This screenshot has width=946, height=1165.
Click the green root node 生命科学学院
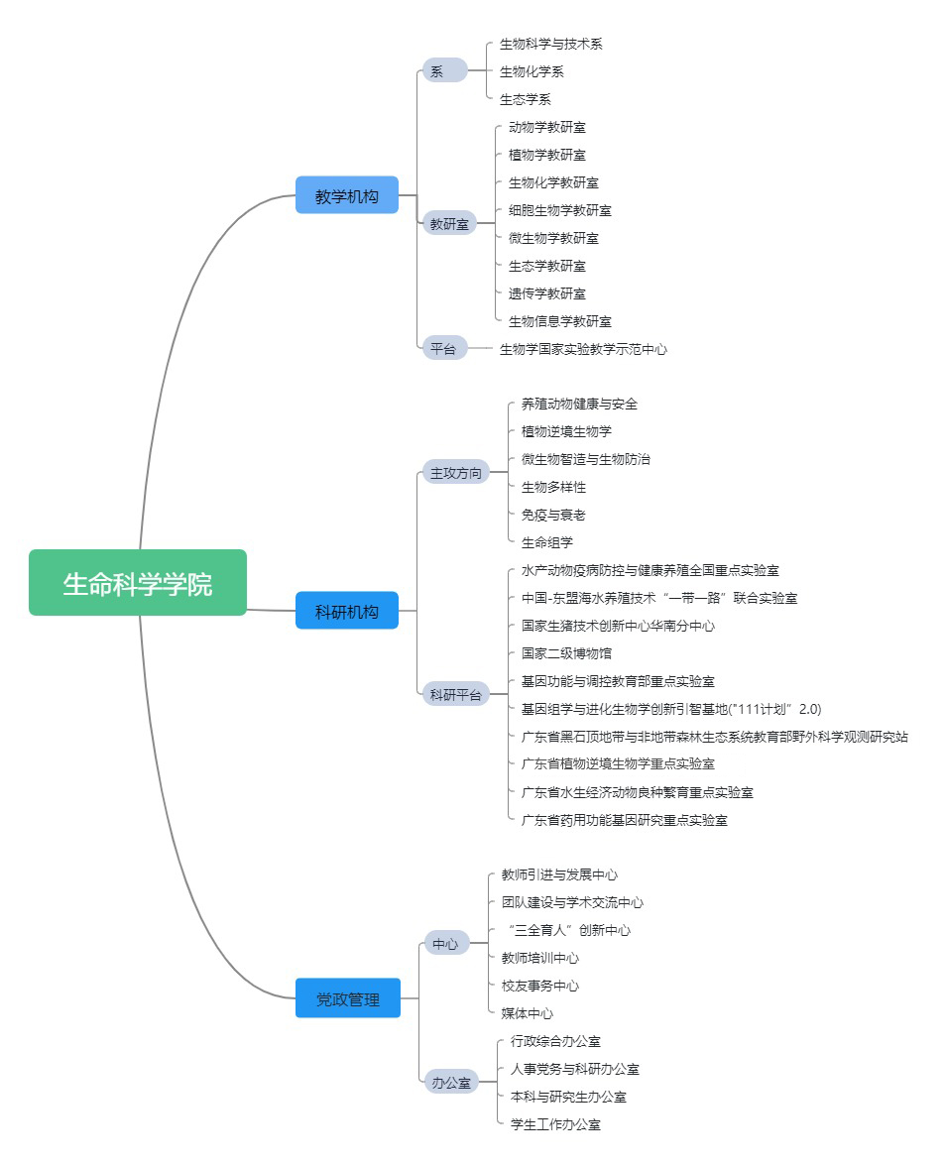pyautogui.click(x=137, y=583)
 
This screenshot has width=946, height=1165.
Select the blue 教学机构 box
pyautogui.click(x=347, y=195)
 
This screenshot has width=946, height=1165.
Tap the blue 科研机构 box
pyautogui.click(x=347, y=611)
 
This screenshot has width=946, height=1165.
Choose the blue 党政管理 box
pyautogui.click(x=347, y=998)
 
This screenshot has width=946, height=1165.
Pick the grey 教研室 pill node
pyautogui.click(x=448, y=224)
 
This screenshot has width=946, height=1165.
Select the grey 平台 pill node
pyautogui.click(x=443, y=348)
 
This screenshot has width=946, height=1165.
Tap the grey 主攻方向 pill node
pyautogui.click(x=454, y=473)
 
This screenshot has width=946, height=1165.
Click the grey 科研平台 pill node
pyautogui.click(x=454, y=694)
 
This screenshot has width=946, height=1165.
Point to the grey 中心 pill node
pyautogui.click(x=444, y=944)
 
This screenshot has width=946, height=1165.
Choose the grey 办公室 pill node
pyautogui.click(x=450, y=1083)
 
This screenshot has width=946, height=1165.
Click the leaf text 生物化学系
pyautogui.click(x=532, y=71)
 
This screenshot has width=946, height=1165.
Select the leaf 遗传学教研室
pyautogui.click(x=547, y=293)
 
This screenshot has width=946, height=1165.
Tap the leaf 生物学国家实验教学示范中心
pyautogui.click(x=583, y=349)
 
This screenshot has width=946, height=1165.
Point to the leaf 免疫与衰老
pyautogui.click(x=553, y=515)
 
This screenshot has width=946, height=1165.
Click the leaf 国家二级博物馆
pyautogui.click(x=566, y=653)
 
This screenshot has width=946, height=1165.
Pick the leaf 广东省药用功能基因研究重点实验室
pyautogui.click(x=625, y=820)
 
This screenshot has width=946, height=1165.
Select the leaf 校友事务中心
pyautogui.click(x=539, y=986)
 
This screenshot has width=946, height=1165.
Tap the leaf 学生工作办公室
pyautogui.click(x=555, y=1124)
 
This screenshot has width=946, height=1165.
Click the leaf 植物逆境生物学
pyautogui.click(x=566, y=431)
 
